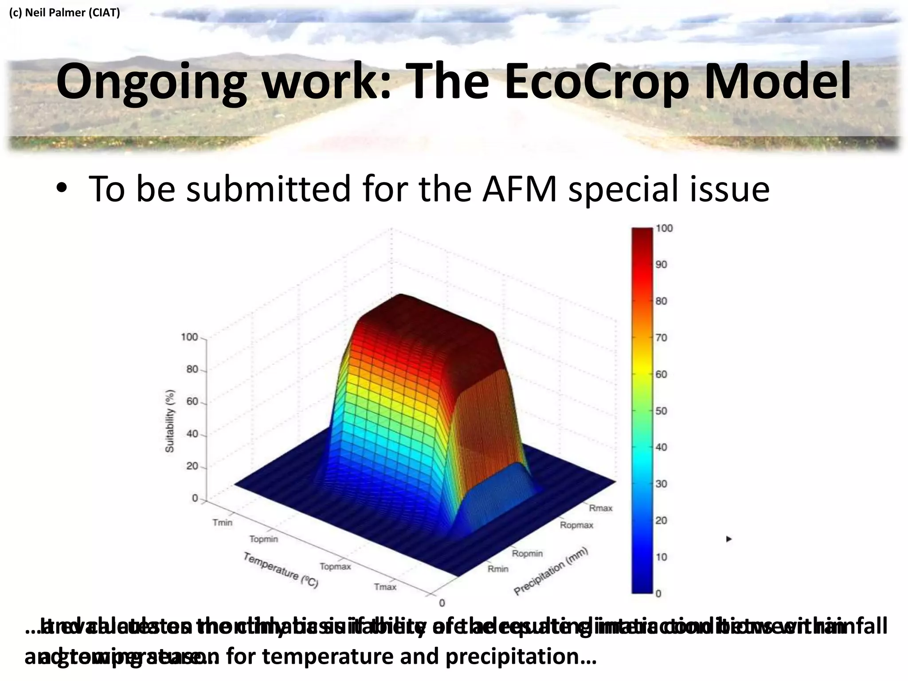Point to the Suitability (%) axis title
pos(170,421)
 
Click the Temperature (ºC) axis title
pos(281,570)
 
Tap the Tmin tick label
pos(222,522)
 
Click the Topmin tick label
pos(263,539)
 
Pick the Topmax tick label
pos(335,567)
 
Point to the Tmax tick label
pos(385,587)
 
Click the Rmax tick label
pos(600,508)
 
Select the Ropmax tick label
pos(576,525)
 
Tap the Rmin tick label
pos(498,569)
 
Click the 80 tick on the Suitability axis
pos(192,369)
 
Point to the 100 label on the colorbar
pos(664,228)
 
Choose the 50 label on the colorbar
pos(661,411)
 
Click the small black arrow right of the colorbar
pos(728,539)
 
